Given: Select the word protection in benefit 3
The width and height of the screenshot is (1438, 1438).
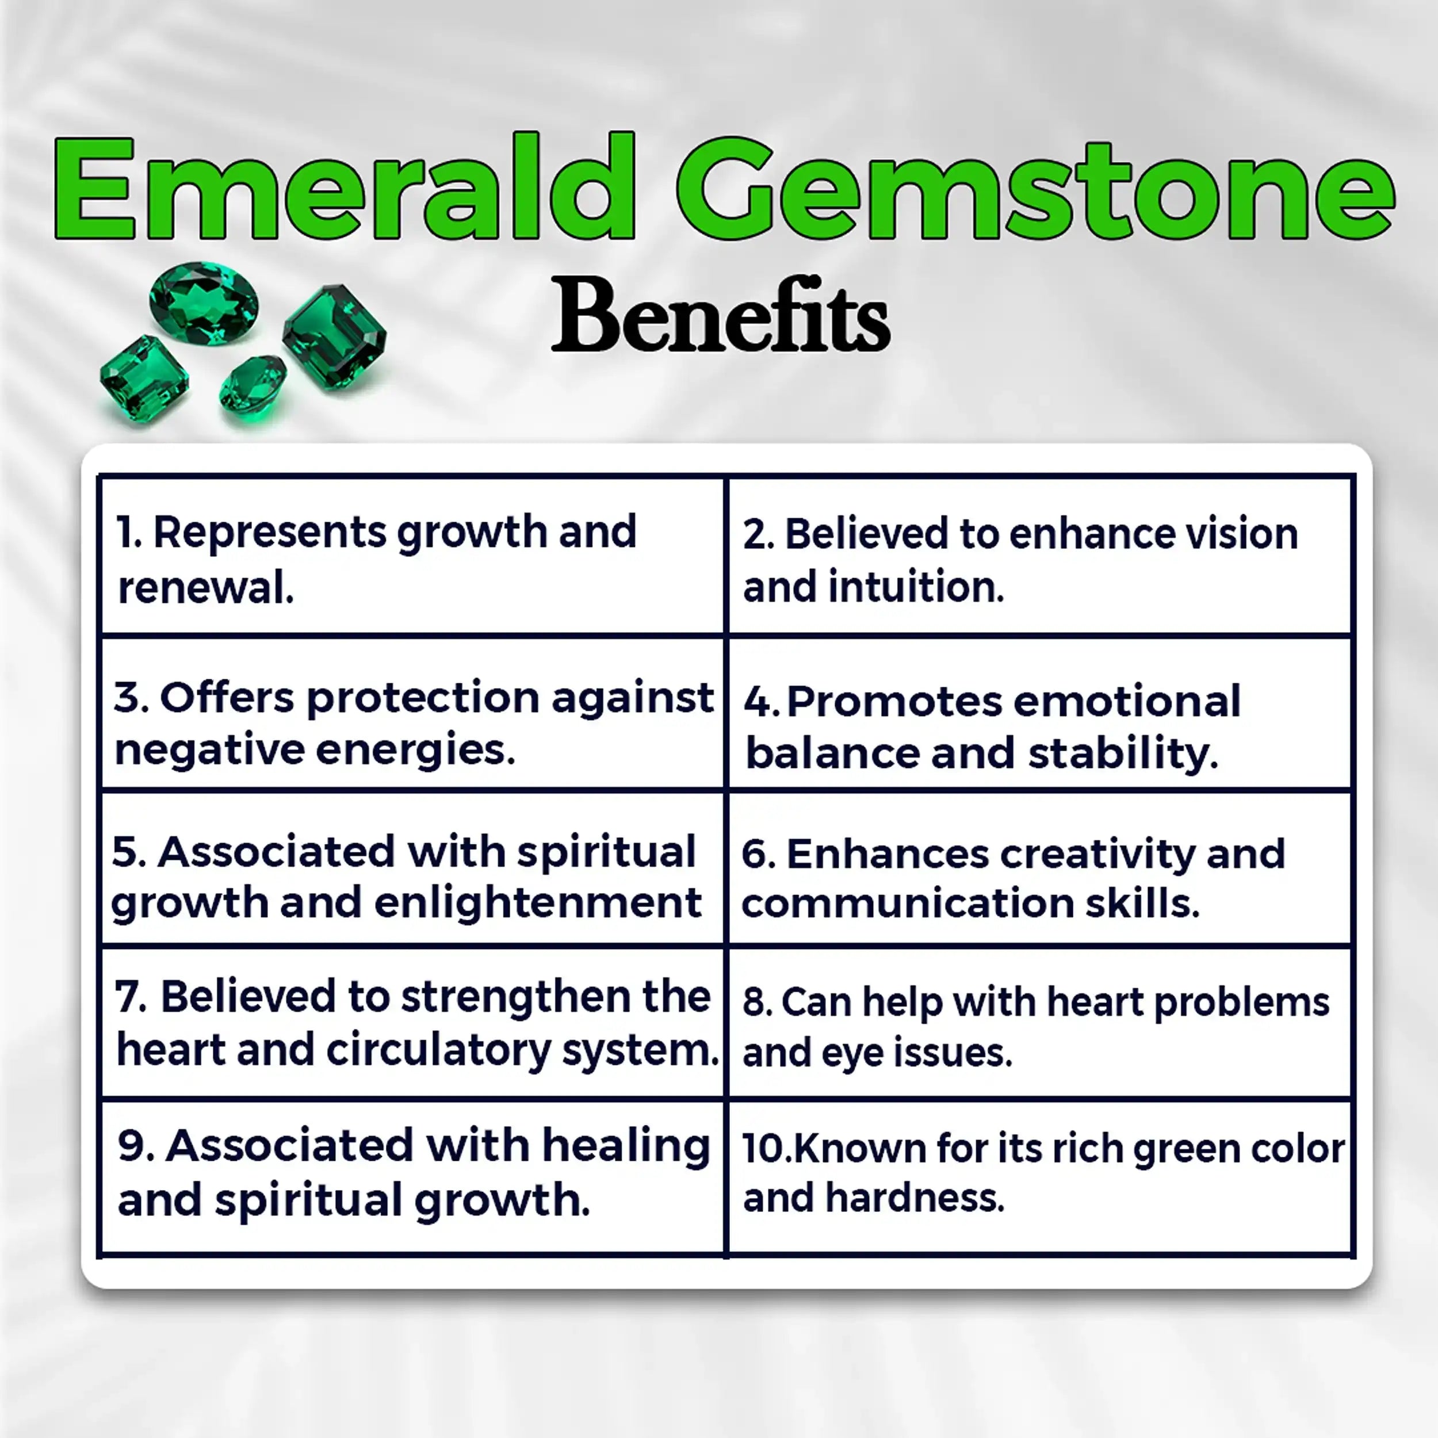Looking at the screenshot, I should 423,698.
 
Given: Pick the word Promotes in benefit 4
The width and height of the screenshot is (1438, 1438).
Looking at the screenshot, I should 894,701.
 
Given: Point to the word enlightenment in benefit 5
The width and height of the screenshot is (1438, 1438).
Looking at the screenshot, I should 537,903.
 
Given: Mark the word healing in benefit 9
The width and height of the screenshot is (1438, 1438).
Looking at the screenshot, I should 625,1145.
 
